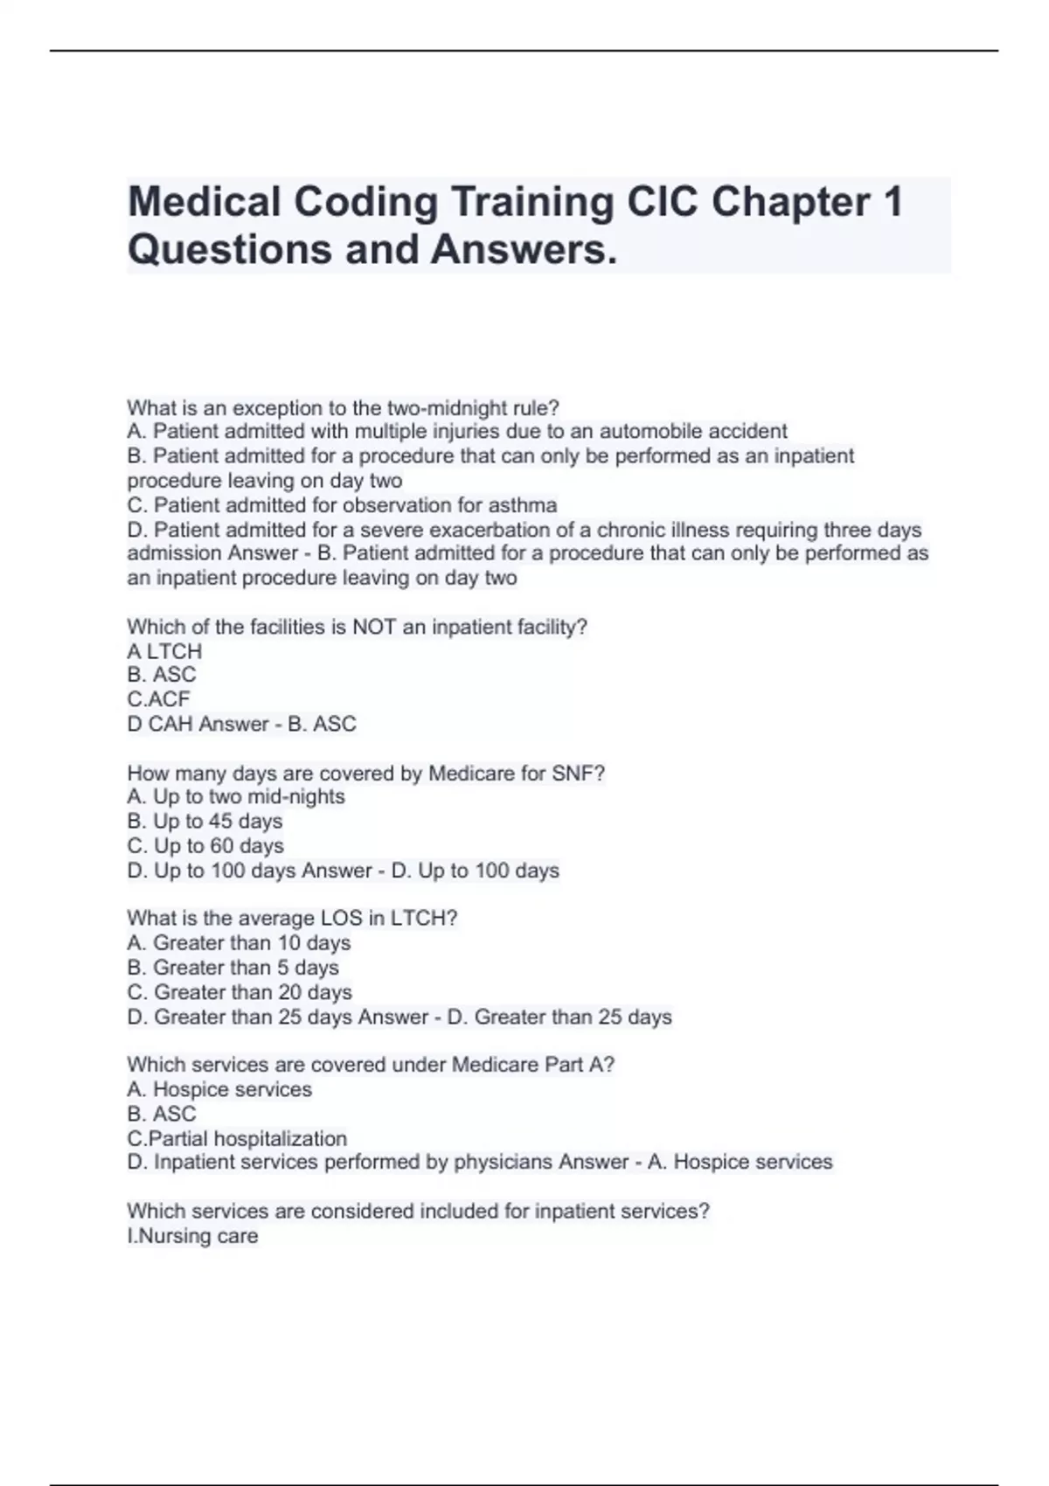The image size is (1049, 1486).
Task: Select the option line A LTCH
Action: click(164, 651)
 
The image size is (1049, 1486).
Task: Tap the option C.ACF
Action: click(158, 699)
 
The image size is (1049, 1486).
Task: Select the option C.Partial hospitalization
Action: click(237, 1139)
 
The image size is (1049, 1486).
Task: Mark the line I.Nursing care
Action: click(192, 1236)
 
